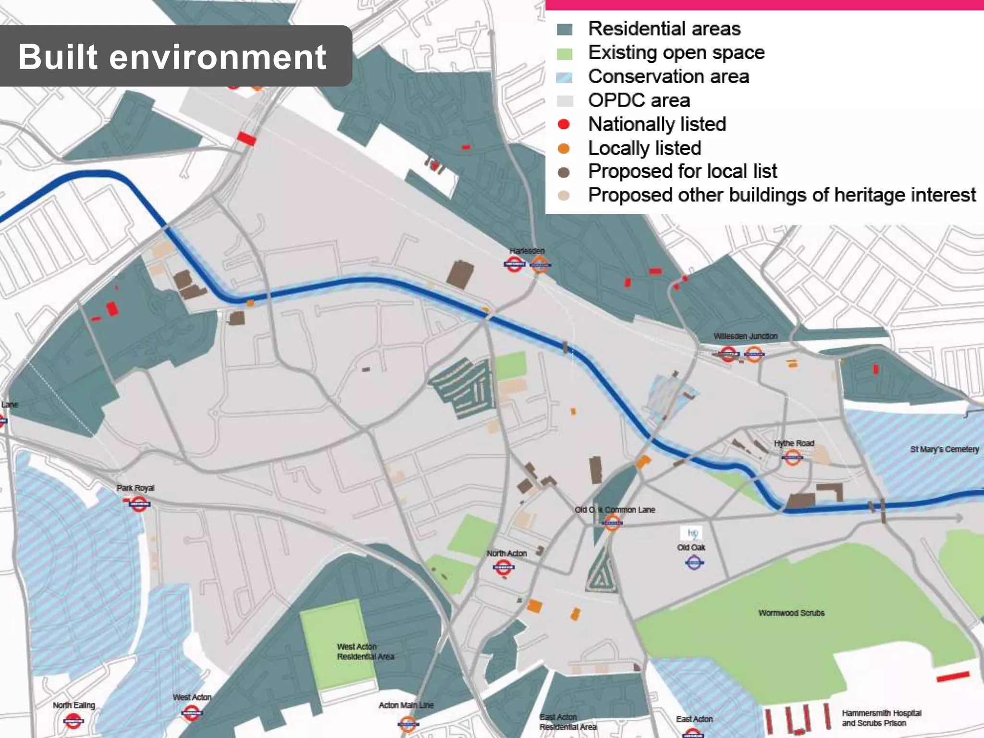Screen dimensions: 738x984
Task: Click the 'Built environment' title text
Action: (172, 57)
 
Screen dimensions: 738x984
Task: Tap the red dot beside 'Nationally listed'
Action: (564, 124)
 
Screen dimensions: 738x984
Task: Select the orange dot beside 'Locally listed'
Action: (564, 148)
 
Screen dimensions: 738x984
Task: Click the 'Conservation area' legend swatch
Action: (565, 77)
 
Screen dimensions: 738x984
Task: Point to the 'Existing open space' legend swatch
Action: (565, 53)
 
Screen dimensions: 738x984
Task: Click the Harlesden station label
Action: (527, 251)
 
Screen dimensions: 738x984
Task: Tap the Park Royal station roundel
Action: (139, 504)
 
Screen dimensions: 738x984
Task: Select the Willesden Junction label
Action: (745, 336)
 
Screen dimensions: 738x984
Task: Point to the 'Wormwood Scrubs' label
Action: (791, 613)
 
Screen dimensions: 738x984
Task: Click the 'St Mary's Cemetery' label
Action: (944, 449)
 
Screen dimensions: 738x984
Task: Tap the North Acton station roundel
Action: (504, 568)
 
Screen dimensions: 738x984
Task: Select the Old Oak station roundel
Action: (694, 562)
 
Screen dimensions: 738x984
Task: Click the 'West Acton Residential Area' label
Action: (365, 652)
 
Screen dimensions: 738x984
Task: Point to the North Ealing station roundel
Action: (74, 720)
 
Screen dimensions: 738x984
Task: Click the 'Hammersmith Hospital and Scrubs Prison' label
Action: (881, 718)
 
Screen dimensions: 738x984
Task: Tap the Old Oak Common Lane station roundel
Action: (612, 522)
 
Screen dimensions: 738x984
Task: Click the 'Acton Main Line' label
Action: (406, 705)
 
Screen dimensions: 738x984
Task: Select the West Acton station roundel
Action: (191, 713)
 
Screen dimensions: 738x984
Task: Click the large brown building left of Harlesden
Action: (460, 274)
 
